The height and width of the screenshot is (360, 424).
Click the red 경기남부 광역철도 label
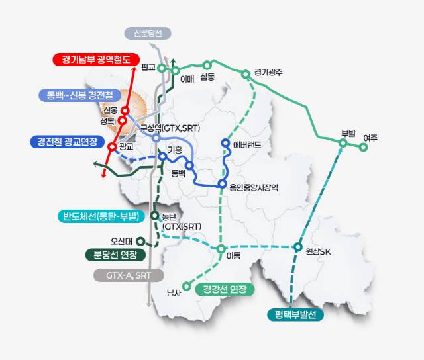pyautogui.click(x=95, y=60)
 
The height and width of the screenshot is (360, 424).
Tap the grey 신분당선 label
pyautogui.click(x=147, y=33)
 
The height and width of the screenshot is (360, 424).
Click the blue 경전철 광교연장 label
pyautogui.click(x=68, y=142)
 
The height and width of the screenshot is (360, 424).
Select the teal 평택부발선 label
pyautogui.click(x=295, y=314)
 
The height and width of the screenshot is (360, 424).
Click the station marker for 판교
pyautogui.click(x=161, y=67)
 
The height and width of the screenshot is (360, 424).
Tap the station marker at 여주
pyautogui.click(x=363, y=148)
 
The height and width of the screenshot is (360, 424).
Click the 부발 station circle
pyautogui.click(x=343, y=142)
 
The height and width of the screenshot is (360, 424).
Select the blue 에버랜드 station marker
pyautogui.click(x=225, y=144)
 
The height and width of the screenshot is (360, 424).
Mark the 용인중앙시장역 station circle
pyautogui.click(x=223, y=183)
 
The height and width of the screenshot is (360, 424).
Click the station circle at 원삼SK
pyautogui.click(x=297, y=248)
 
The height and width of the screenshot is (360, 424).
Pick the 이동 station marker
pyautogui.click(x=221, y=249)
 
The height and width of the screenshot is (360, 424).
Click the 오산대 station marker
pyautogui.click(x=140, y=241)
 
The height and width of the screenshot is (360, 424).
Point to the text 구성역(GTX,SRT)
pyautogui.click(x=170, y=127)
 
